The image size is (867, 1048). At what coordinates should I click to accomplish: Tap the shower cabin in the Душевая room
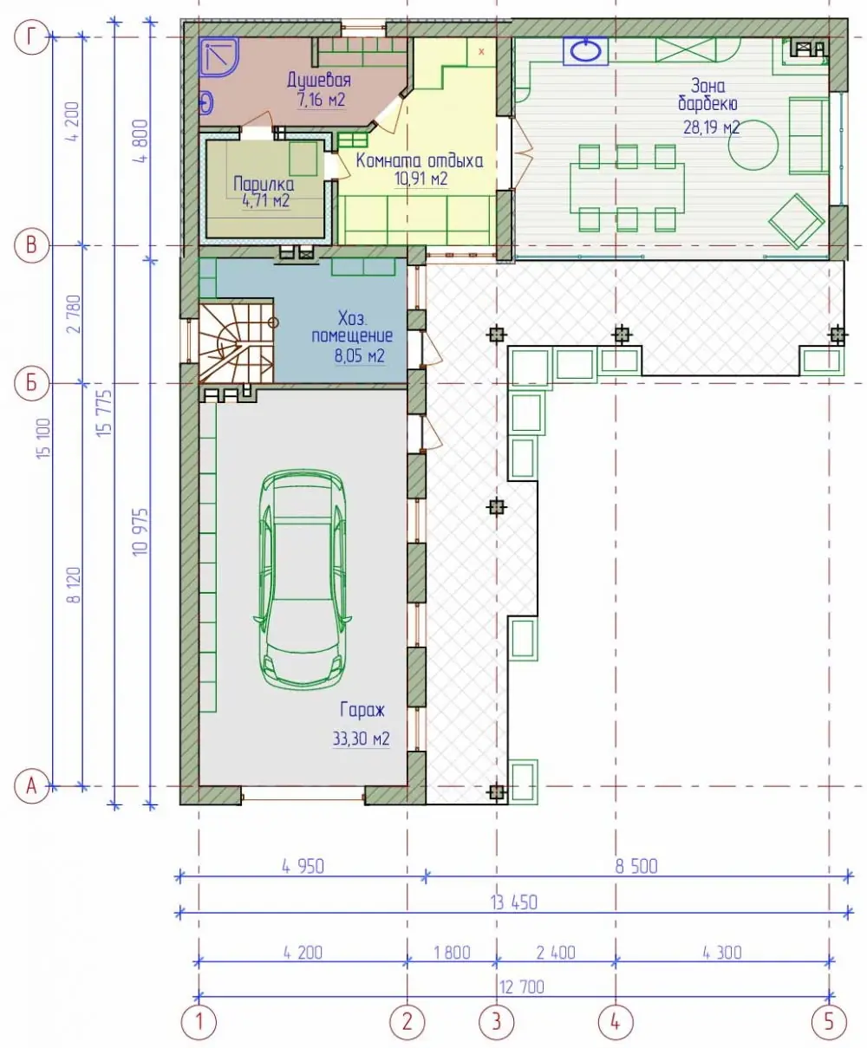pyautogui.click(x=218, y=58)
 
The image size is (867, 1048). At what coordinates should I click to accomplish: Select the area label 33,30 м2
pyautogui.click(x=361, y=739)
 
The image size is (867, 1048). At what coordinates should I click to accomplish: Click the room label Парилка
pyautogui.click(x=264, y=184)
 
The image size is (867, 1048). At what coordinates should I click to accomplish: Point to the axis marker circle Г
pyautogui.click(x=31, y=37)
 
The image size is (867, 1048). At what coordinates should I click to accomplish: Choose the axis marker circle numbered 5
pyautogui.click(x=829, y=1022)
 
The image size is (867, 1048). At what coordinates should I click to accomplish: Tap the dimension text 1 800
pyautogui.click(x=452, y=952)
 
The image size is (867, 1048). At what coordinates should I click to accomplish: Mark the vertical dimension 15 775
pyautogui.click(x=106, y=413)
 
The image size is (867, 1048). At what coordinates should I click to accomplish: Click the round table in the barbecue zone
pyautogui.click(x=753, y=148)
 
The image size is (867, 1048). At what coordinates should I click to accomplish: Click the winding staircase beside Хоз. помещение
pyautogui.click(x=237, y=342)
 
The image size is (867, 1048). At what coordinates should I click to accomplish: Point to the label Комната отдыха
pyautogui.click(x=420, y=161)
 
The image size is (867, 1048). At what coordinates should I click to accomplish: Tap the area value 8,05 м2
pyautogui.click(x=360, y=356)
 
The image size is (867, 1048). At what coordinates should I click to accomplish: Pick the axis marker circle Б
pyautogui.click(x=31, y=383)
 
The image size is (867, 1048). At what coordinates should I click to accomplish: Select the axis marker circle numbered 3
pyautogui.click(x=496, y=1022)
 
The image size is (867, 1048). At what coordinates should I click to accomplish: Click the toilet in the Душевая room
pyautogui.click(x=206, y=103)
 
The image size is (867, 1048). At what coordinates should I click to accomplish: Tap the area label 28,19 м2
pyautogui.click(x=711, y=127)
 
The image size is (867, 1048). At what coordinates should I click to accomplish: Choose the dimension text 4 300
pyautogui.click(x=722, y=952)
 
